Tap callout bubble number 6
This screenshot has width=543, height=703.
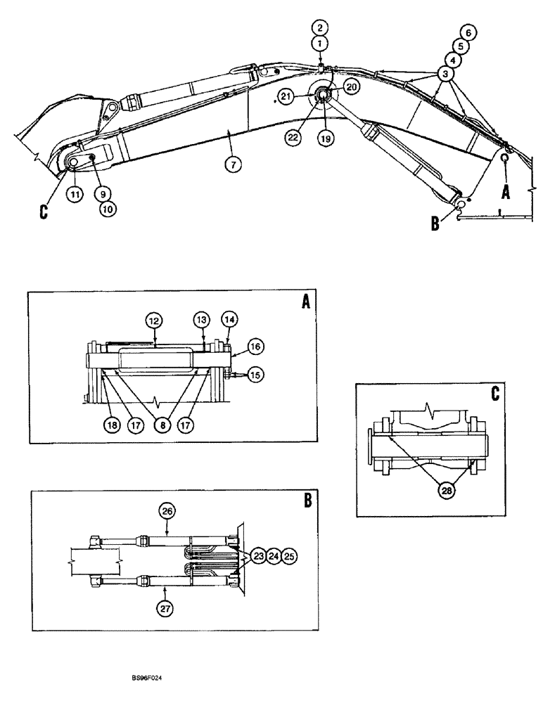(468, 32)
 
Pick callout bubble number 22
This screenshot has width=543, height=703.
(295, 138)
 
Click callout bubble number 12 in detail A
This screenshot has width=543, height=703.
(155, 321)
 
